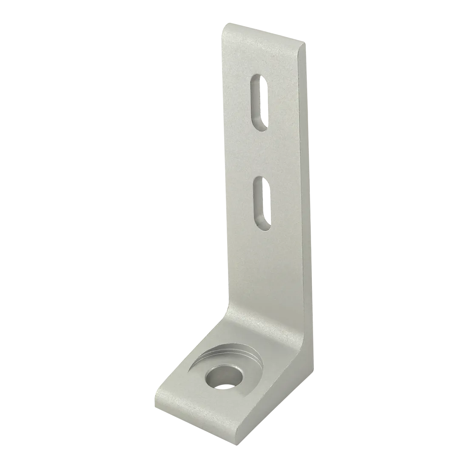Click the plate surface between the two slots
point(260,153)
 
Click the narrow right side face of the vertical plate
point(310,191)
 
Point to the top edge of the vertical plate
point(264,32)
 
